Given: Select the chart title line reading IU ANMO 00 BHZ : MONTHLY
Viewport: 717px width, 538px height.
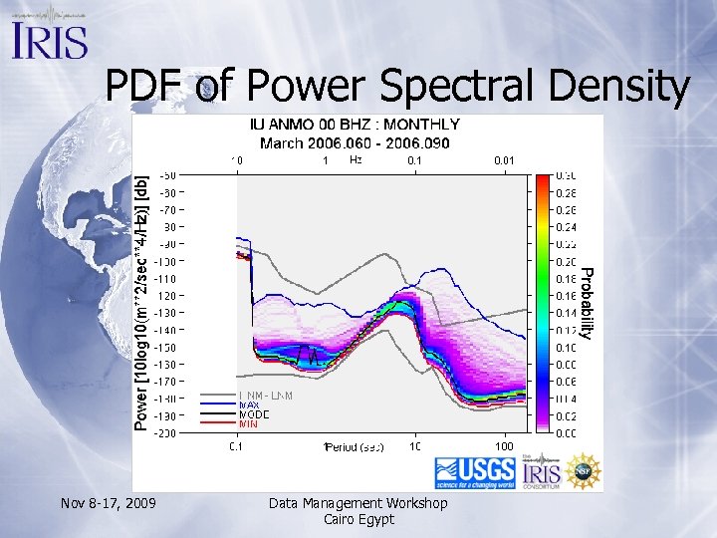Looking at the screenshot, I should coord(354,125).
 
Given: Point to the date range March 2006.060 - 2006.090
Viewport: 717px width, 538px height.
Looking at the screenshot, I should coord(354,142).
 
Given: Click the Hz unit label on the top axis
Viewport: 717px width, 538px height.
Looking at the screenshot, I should coord(357,159).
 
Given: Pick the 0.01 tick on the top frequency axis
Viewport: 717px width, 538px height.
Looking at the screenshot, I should coord(506,159).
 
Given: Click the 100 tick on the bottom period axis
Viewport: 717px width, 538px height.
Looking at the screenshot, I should coord(505,445).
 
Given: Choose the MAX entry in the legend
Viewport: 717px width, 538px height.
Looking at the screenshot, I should coord(249,404).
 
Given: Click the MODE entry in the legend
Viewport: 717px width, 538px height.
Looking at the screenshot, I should coord(252,414).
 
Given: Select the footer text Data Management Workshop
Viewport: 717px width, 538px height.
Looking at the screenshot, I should coord(358,503).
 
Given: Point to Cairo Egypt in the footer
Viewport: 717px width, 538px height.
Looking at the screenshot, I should coord(358,519).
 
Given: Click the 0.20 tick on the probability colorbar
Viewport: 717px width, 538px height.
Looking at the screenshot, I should coord(564,261).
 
